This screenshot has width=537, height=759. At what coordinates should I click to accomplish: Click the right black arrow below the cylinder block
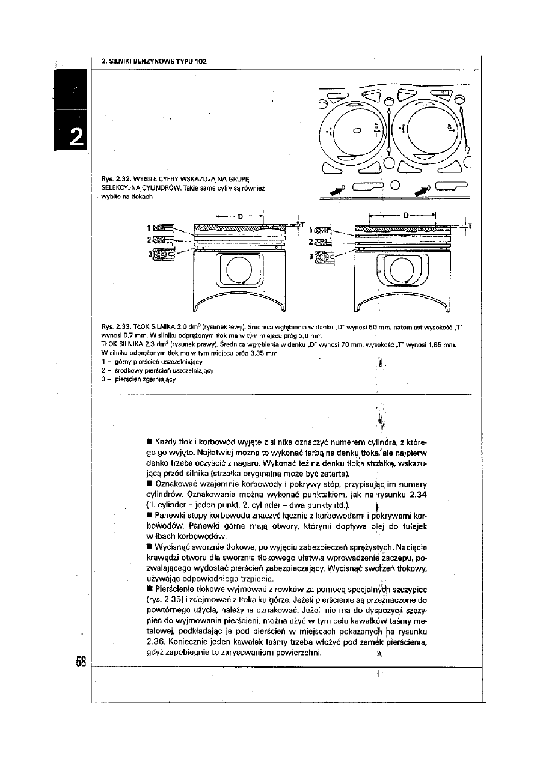pos(420,191)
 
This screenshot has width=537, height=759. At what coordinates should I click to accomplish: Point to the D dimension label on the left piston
pos(240,215)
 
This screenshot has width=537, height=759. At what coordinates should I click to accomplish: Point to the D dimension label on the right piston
pos(407,214)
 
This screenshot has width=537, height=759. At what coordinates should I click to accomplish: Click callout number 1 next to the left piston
pos(148,228)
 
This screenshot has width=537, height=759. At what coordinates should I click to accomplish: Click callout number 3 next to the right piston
pos(311,256)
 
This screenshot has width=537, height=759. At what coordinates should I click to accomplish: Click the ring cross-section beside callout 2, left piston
pos(162,240)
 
